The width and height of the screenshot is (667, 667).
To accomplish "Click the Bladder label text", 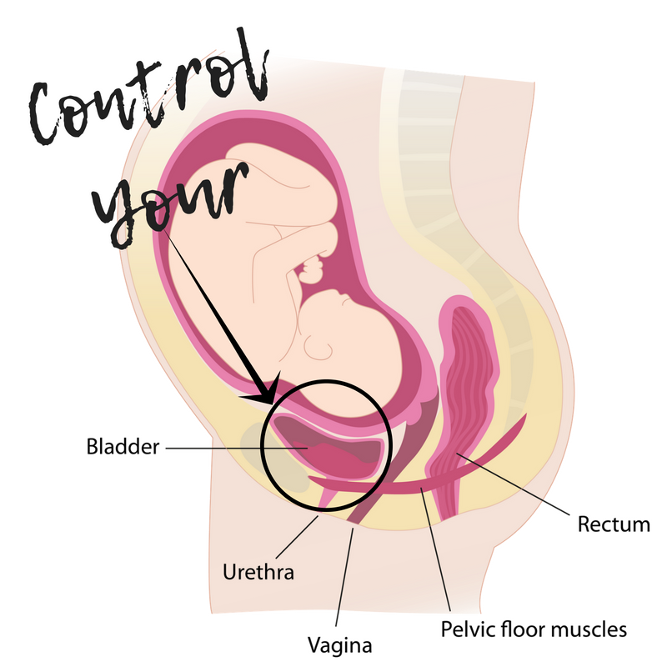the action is [123, 447].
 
